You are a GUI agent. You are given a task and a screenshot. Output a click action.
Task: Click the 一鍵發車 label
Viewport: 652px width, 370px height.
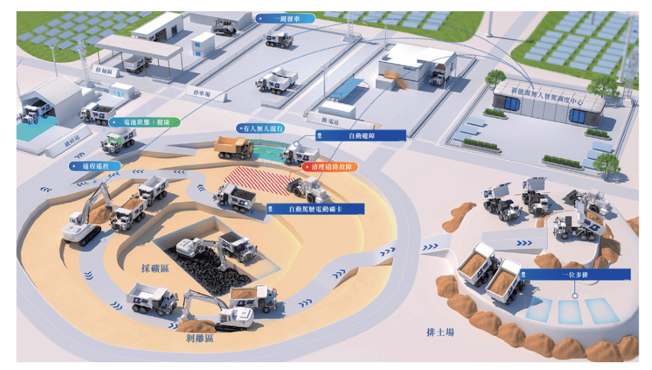(284, 19)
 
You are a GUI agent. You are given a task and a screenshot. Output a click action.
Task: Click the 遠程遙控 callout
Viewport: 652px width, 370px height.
(95, 166)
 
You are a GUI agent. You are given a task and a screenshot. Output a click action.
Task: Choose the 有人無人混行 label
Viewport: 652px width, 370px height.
(260, 129)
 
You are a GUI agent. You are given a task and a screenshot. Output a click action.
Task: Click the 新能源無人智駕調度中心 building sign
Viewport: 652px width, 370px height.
(548, 93)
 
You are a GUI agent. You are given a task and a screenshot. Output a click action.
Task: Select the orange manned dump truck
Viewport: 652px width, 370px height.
(235, 147)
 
